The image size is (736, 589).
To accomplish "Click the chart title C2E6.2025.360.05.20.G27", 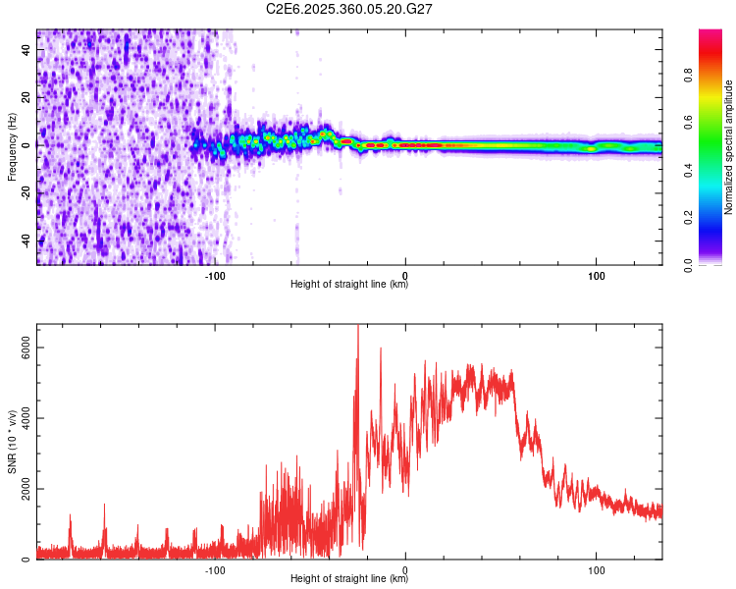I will tap(350, 9).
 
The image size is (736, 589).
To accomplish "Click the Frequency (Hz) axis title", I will tap(12, 147).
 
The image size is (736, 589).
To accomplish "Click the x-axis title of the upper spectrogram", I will tap(349, 285).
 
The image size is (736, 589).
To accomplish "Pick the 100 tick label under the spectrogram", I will tap(596, 274).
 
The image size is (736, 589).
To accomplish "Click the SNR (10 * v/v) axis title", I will tap(12, 442).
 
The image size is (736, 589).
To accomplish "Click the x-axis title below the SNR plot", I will tap(349, 579).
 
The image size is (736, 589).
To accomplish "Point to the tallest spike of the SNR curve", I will tap(358, 328).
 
